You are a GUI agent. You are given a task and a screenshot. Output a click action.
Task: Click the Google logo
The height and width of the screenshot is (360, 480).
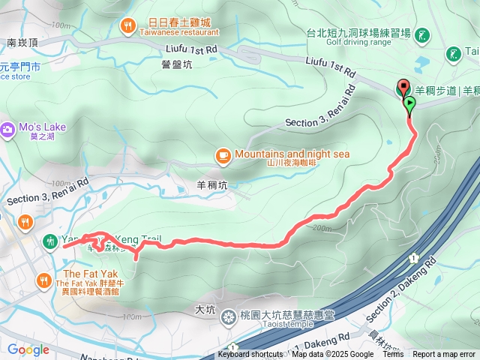click(x=28, y=349)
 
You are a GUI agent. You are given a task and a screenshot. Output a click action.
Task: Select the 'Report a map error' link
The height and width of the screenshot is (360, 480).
click(x=445, y=355)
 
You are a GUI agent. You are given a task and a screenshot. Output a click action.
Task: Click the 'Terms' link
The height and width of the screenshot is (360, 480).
click(x=393, y=355)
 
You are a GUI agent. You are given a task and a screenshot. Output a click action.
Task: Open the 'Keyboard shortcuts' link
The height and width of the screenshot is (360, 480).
click(x=250, y=355)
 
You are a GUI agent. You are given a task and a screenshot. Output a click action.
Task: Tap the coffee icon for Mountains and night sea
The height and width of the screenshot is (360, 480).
click(x=222, y=155)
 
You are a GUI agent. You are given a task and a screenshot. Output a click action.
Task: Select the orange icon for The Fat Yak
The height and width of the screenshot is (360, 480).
click(x=43, y=281)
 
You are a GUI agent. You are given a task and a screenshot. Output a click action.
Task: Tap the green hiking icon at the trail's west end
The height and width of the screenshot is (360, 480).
click(x=49, y=241)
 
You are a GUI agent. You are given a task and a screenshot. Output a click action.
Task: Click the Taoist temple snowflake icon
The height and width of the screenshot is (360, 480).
click(x=227, y=316)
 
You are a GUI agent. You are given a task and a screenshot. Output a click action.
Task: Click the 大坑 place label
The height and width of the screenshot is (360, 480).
click(x=205, y=309)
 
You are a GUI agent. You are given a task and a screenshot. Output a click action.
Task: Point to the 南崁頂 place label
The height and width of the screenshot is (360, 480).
click(x=22, y=43)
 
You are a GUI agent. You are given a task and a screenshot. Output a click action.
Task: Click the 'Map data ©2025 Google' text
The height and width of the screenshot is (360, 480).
click(x=332, y=355)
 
